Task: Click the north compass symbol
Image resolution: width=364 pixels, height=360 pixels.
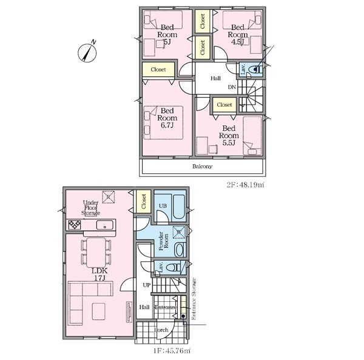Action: [87, 53]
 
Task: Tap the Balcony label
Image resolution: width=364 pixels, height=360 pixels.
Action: [202, 166]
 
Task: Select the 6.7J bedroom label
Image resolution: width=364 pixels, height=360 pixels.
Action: [167, 118]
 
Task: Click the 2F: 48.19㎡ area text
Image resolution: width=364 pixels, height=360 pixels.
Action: [245, 185]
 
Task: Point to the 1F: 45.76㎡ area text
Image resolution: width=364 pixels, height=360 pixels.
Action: [172, 350]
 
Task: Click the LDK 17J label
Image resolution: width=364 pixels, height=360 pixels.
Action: [99, 274]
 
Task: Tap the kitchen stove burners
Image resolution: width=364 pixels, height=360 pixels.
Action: [75, 224]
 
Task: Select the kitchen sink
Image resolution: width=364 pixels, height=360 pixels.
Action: [105, 225]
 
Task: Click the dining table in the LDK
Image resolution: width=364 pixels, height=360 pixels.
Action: [96, 252]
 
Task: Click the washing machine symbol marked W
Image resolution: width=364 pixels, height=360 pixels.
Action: [179, 232]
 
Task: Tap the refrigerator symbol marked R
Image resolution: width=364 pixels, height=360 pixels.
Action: [109, 197]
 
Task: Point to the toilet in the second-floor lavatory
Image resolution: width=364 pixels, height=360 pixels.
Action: [256, 69]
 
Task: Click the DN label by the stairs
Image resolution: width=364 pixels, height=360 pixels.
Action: [232, 87]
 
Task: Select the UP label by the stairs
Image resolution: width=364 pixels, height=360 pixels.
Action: [146, 285]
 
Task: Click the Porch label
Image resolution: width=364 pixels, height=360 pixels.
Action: [161, 330]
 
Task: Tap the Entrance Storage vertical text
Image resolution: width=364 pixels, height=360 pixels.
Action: [194, 299]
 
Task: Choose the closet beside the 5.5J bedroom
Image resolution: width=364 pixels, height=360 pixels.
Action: [224, 105]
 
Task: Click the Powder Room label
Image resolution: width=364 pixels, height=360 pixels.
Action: [164, 241]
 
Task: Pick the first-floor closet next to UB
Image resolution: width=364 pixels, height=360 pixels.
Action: [144, 201]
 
